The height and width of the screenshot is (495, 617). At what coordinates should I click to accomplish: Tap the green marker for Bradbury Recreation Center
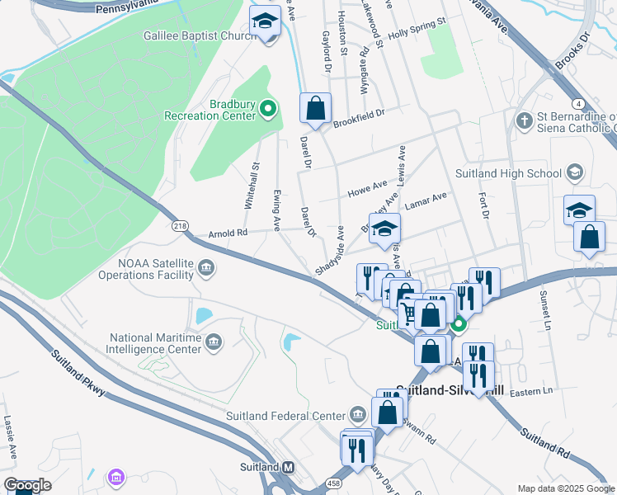pos(268,108)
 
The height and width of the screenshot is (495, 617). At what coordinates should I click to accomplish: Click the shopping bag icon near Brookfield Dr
pos(315,107)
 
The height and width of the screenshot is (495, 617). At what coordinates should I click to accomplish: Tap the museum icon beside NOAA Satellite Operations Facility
pos(206,266)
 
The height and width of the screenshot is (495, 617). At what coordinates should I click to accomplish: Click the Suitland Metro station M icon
pos(288,467)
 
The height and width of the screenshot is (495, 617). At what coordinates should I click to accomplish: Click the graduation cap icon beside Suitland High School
pos(575,172)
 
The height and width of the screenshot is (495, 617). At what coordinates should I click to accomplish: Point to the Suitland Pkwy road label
pos(78,373)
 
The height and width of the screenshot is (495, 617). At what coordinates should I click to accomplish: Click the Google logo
pos(27,485)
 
